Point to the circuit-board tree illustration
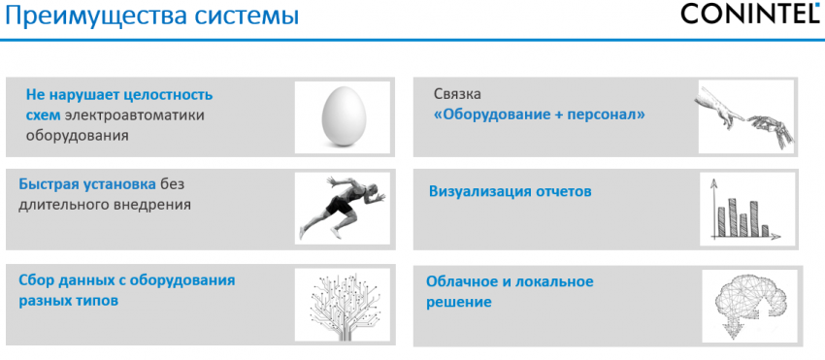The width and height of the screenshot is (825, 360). [342, 303]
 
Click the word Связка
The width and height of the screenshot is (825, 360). [457, 95]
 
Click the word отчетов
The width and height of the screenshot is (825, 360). [563, 191]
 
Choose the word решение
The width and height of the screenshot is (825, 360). [458, 302]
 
